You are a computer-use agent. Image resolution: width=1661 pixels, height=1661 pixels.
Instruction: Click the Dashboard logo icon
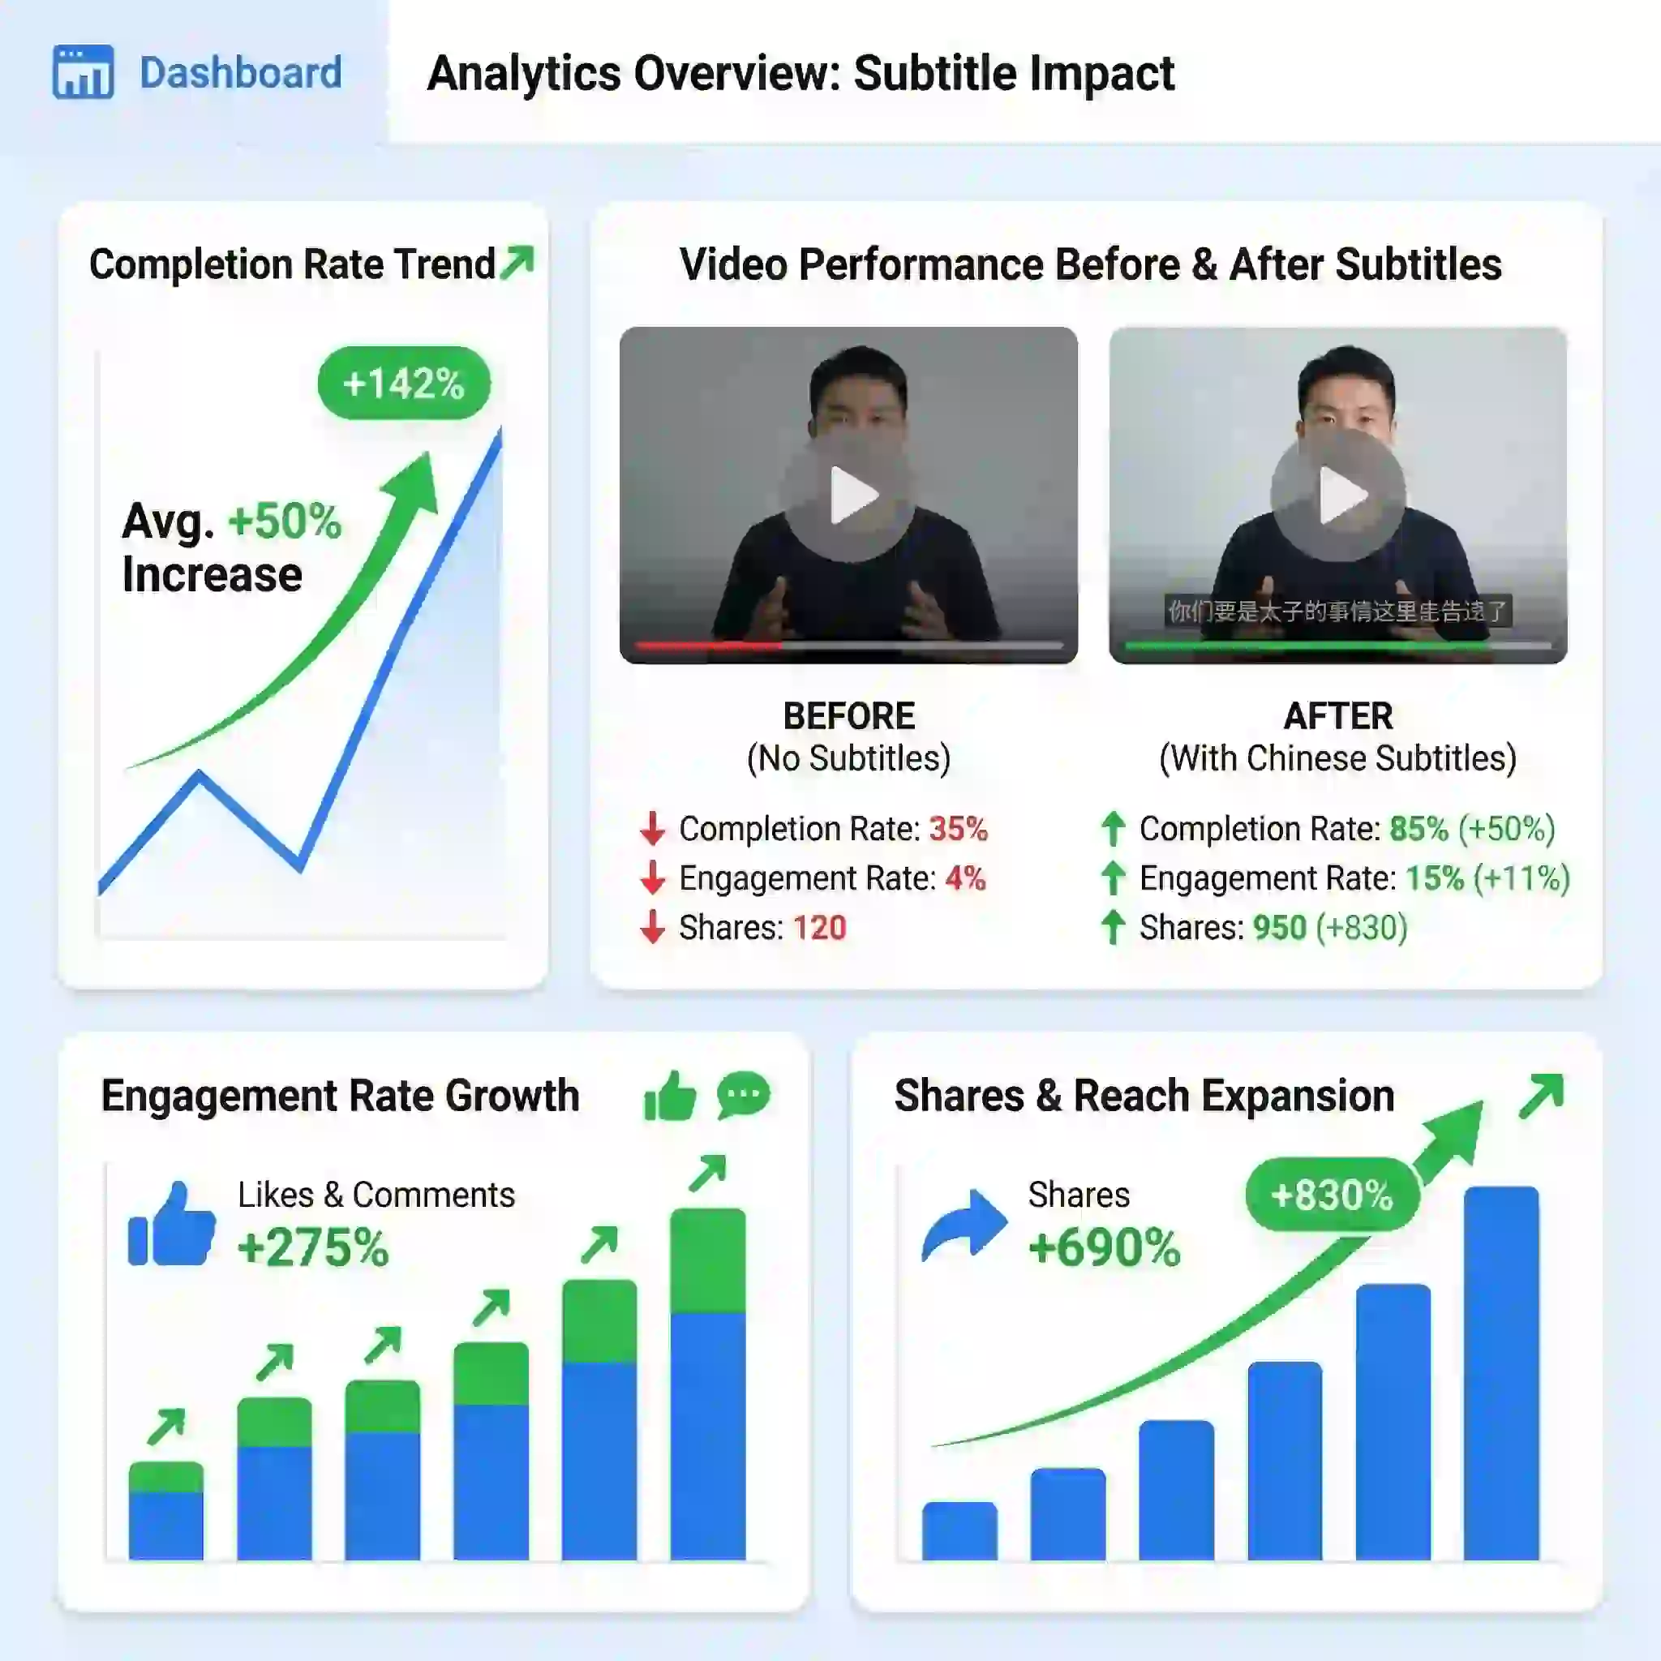83,72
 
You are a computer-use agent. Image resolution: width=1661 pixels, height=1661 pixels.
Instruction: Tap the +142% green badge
403,384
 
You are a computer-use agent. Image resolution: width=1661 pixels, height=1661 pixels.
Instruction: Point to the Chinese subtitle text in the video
1337,612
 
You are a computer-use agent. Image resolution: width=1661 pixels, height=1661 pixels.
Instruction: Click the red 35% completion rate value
958,829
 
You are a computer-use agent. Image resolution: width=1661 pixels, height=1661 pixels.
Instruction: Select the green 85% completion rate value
1419,829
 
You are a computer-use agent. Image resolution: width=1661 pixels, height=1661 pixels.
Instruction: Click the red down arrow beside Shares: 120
653,928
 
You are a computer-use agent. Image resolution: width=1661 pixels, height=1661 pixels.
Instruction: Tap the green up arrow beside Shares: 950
1114,928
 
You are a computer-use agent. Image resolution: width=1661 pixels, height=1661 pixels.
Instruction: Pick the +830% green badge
1332,1195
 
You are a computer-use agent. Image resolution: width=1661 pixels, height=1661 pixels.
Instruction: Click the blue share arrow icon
963,1225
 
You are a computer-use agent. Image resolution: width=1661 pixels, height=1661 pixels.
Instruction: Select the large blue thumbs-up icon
172,1225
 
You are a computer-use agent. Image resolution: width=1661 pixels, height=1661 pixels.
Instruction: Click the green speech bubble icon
743,1095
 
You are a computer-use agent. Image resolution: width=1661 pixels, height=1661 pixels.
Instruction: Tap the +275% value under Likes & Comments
313,1248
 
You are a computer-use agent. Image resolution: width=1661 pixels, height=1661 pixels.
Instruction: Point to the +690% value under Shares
1105,1248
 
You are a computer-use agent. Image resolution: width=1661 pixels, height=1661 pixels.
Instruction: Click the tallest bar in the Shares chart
1501,1376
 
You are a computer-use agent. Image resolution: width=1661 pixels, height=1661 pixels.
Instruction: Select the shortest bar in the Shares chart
959,1531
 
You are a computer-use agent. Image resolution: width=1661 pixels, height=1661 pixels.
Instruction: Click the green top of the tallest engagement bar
707,1260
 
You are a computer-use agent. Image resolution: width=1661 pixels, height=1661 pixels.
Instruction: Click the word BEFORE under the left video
848,716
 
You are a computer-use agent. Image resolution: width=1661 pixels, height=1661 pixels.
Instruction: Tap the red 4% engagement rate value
965,878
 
